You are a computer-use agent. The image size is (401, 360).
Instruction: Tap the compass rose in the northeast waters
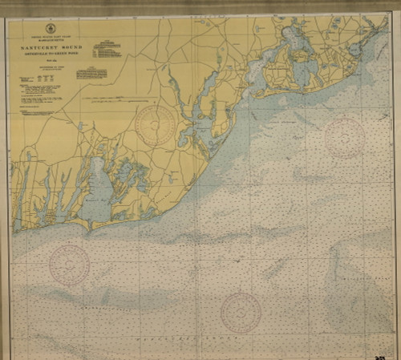[344, 136]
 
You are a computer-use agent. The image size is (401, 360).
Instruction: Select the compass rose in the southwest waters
[70, 264]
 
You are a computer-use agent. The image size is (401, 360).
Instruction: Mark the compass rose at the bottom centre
[241, 312]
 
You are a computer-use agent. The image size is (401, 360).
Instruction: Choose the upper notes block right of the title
[107, 51]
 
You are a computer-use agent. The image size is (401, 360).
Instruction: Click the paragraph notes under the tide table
[40, 99]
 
